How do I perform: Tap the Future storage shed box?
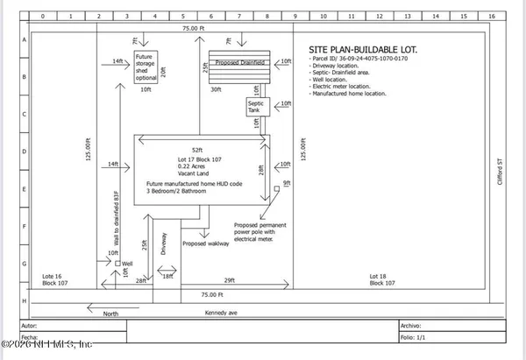[x=146, y=67]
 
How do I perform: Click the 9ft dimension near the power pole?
[x=287, y=182]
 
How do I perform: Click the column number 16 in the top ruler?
[x=492, y=16]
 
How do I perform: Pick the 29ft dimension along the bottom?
[x=228, y=279]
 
